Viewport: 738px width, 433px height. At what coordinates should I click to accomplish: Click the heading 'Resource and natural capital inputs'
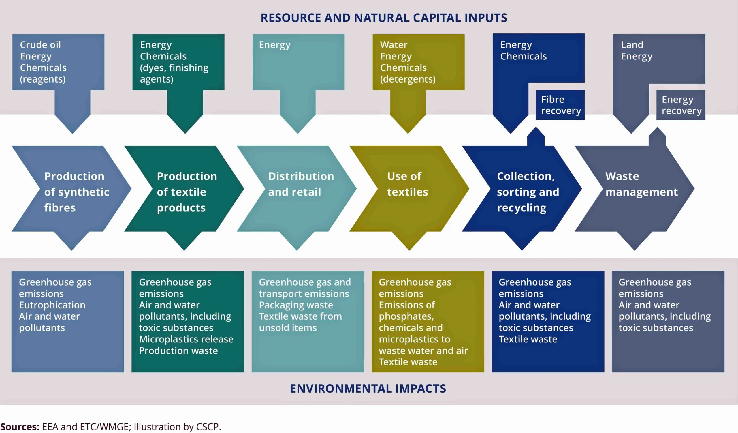pyautogui.click(x=384, y=18)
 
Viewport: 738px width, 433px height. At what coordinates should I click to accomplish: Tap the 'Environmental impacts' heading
pyautogui.click(x=368, y=389)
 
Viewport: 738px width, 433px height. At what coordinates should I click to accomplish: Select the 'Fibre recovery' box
pyautogui.click(x=560, y=105)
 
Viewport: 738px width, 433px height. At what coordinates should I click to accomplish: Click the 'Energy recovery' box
pyautogui.click(x=681, y=105)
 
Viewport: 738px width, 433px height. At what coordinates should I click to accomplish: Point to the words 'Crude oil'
pyautogui.click(x=40, y=45)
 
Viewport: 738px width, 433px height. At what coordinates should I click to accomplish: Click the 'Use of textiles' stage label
pyautogui.click(x=407, y=184)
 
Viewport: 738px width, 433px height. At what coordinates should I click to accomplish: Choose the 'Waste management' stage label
pyautogui.click(x=641, y=184)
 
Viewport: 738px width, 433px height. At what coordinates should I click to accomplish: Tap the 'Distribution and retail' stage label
pyautogui.click(x=301, y=184)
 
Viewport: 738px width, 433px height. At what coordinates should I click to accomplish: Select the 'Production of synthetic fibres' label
pyautogui.click(x=77, y=192)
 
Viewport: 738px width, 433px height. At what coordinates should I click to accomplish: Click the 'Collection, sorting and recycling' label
pyautogui.click(x=528, y=192)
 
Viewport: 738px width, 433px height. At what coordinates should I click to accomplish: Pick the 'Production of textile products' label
pyautogui.click(x=187, y=192)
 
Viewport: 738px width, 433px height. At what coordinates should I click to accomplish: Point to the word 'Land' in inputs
pyautogui.click(x=632, y=45)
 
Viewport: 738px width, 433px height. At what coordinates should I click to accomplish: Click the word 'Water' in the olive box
pyautogui.click(x=394, y=45)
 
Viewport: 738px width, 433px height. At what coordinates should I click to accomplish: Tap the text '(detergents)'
pyautogui.click(x=408, y=79)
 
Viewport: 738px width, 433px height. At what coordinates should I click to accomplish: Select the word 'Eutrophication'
pyautogui.click(x=52, y=305)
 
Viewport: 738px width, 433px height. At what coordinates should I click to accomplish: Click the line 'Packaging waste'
pyautogui.click(x=296, y=305)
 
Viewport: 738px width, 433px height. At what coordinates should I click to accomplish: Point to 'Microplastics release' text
pyautogui.click(x=186, y=339)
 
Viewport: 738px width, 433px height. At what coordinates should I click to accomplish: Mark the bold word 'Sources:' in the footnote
pyautogui.click(x=20, y=427)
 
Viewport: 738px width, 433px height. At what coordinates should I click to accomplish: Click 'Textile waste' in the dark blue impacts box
pyautogui.click(x=528, y=339)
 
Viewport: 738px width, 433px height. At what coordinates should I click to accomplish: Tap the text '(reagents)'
pyautogui.click(x=43, y=79)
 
